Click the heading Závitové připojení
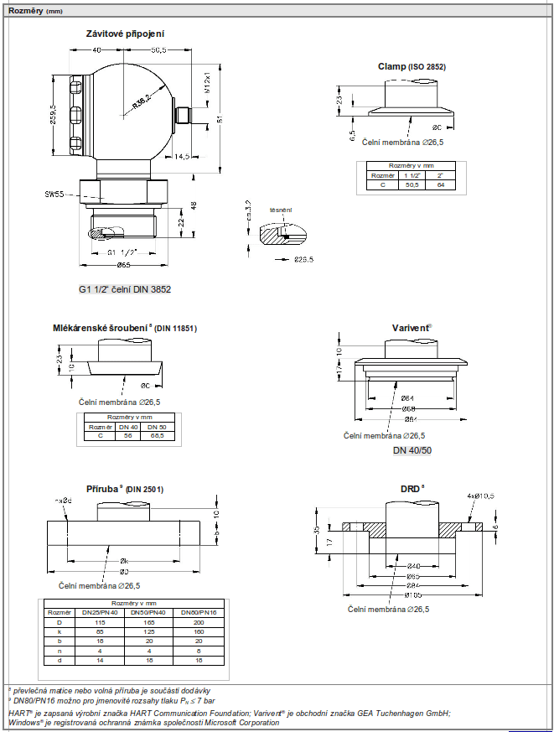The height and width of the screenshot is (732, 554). point(125,34)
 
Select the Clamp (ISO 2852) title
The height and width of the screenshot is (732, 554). point(412,66)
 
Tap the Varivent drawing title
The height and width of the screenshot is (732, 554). point(412,328)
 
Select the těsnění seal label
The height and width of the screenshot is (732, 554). point(280,210)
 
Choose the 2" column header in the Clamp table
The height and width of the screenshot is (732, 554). point(440,175)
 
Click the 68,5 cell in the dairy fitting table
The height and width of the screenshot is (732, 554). point(156,435)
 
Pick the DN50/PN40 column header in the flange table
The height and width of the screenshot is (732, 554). point(145,611)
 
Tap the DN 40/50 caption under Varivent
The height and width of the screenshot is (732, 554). point(412,451)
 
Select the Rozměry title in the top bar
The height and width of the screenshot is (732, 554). point(23,10)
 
